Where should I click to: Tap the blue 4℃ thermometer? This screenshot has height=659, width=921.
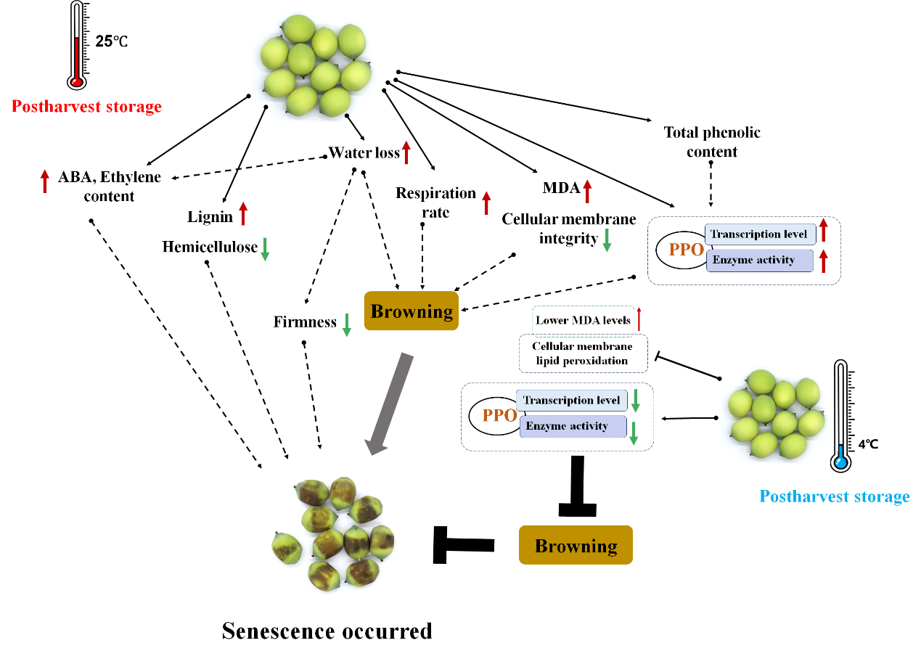point(842,417)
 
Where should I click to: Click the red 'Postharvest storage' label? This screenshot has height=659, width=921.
point(87,107)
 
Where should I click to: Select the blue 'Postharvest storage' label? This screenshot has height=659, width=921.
point(834,497)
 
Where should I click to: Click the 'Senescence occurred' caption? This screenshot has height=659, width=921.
point(327,631)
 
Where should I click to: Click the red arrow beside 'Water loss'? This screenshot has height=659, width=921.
point(406,152)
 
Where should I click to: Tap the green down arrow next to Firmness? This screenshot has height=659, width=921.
point(347,324)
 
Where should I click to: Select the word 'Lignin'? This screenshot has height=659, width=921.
point(209,216)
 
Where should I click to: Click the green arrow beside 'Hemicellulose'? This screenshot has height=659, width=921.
point(265,248)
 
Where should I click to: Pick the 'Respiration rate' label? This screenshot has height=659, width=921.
point(435,202)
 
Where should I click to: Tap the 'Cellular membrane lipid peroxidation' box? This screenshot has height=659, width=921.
point(584,353)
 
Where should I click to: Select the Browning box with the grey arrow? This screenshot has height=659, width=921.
point(412,311)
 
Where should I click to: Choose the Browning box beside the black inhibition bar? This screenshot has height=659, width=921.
point(576,546)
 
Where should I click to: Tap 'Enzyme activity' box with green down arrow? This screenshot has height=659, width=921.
point(573,426)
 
